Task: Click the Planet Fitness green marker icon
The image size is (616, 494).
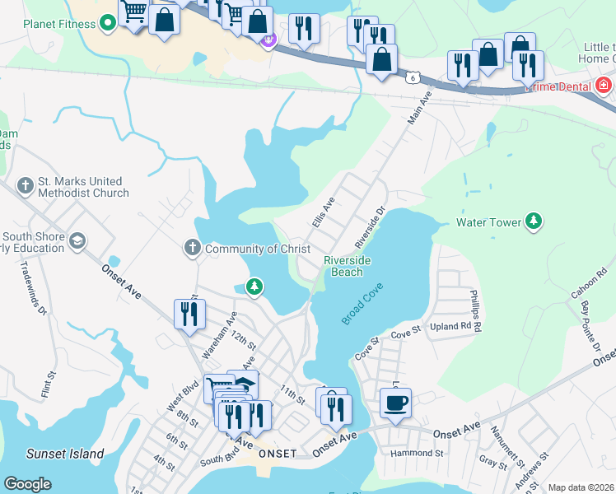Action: point(107,23)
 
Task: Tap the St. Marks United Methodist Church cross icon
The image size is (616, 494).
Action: point(26,186)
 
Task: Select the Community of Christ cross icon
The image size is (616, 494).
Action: point(192,248)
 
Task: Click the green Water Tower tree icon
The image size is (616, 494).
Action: point(534,221)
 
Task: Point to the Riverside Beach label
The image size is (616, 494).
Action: point(347,266)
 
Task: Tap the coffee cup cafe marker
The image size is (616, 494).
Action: point(395,403)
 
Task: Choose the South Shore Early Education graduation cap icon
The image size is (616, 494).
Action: point(77,241)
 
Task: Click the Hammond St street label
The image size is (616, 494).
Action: point(417,453)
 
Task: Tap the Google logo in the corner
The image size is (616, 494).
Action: point(27,484)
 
